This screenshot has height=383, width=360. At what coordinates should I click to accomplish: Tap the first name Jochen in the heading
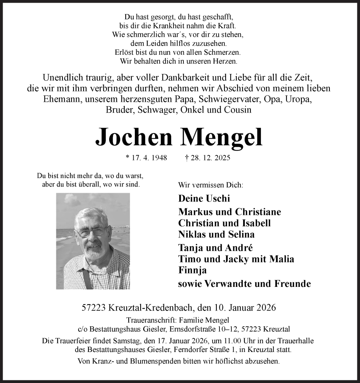134,137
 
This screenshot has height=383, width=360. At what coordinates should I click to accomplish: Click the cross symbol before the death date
187,158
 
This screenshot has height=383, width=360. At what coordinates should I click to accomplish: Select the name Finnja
193,270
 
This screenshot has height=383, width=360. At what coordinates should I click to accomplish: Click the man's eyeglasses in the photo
91,232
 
